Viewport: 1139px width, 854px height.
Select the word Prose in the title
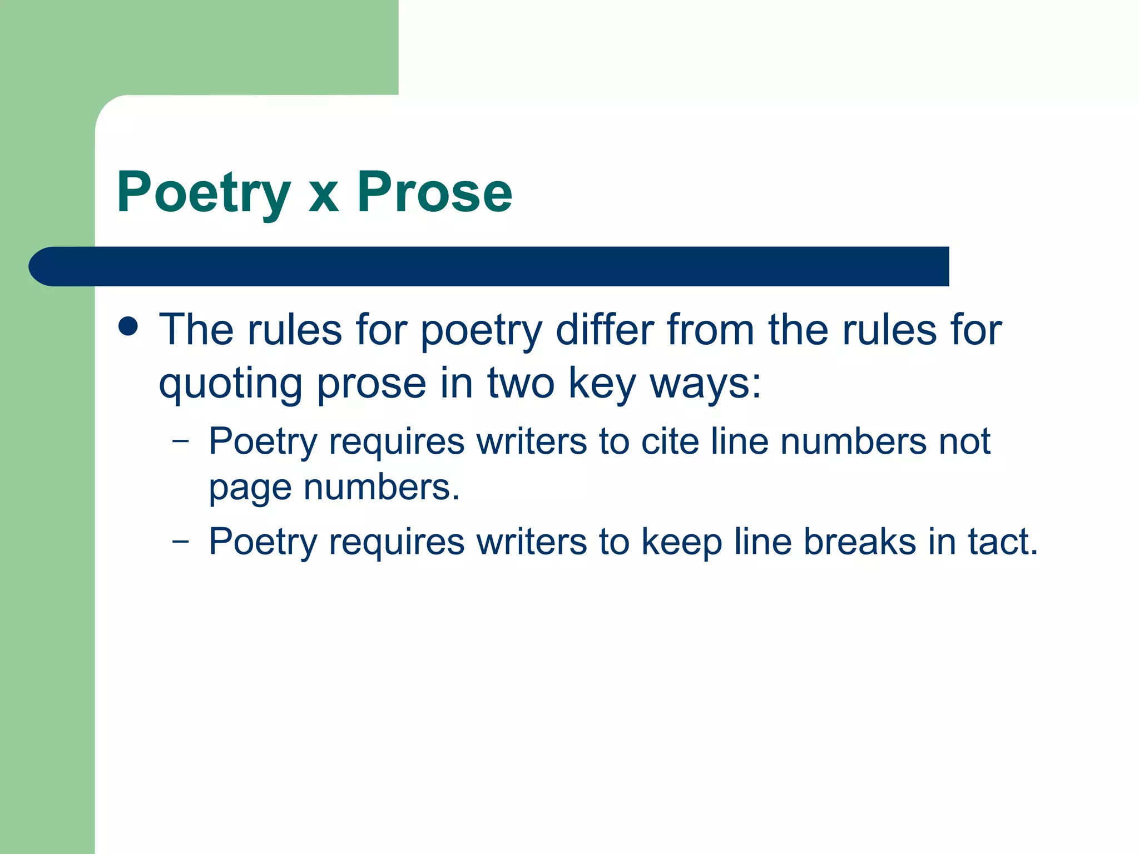coord(434,192)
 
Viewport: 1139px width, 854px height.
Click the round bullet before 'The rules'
coord(128,326)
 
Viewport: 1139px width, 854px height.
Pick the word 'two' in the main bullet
coord(521,384)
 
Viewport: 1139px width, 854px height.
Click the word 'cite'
coord(670,441)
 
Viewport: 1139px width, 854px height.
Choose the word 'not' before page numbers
coord(965,441)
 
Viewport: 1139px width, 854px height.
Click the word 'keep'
coord(681,542)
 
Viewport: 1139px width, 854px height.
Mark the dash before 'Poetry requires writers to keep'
coord(181,541)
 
